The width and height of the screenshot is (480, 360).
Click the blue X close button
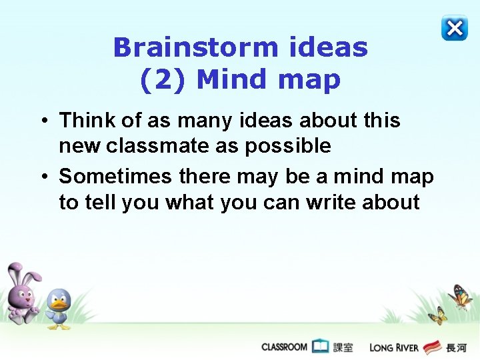454,28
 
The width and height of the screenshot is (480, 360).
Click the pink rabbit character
22,293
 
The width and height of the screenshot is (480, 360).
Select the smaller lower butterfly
437,315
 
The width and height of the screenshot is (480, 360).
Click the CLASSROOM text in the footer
284,347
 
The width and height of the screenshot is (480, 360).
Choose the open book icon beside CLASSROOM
321,346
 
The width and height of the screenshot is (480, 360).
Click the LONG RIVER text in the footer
393,347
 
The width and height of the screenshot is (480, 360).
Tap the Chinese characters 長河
456,347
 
